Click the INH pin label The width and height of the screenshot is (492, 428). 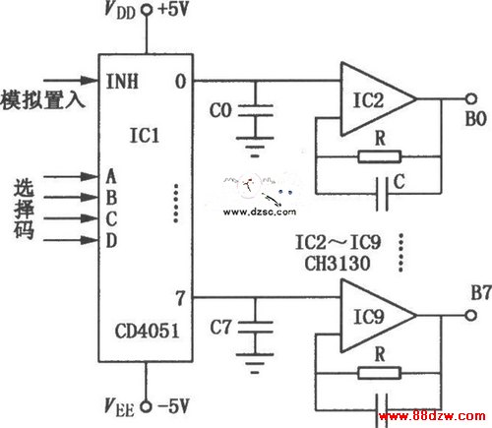tap(122, 81)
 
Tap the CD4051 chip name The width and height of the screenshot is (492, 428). tap(147, 331)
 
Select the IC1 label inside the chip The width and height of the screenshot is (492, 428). tap(145, 135)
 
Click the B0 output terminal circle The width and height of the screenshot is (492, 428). tap(471, 98)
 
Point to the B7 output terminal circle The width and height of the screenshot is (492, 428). tap(471, 315)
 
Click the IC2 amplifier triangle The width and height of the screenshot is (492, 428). tap(378, 98)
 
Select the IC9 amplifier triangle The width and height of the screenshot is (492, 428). tap(378, 316)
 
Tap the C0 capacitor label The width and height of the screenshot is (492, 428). tap(220, 110)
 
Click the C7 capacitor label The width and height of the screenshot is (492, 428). tap(220, 327)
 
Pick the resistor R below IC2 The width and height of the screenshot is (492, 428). tap(379, 156)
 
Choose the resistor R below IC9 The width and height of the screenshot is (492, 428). tap(379, 373)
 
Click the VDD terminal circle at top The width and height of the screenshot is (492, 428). tap(147, 10)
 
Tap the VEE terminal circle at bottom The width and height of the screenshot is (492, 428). tap(147, 406)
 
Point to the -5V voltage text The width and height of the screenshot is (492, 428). tap(173, 406)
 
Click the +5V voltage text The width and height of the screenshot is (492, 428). tap(173, 9)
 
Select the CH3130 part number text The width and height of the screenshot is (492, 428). tap(338, 263)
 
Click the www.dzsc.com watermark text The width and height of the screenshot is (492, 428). tap(260, 212)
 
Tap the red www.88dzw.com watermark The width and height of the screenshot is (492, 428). tap(432, 416)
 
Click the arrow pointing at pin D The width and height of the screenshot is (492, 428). tap(71, 240)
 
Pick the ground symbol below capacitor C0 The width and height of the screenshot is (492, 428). tap(255, 147)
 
